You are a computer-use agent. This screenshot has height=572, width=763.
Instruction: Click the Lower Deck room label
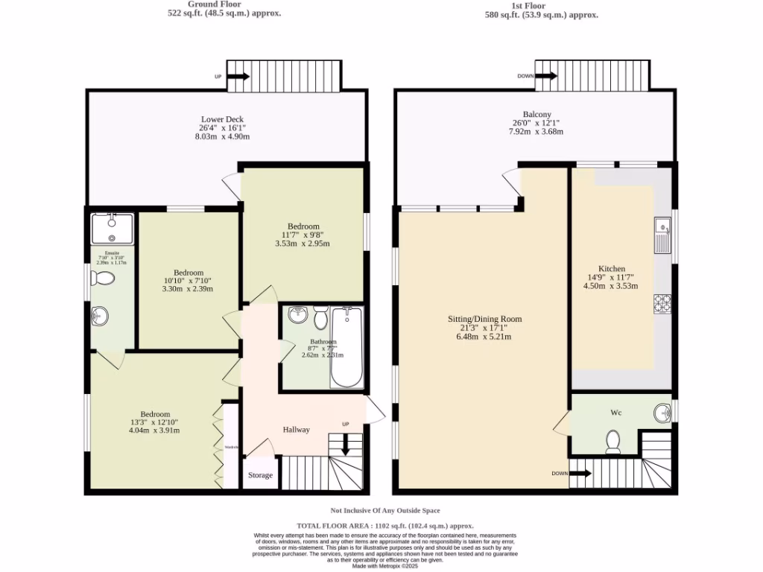coord(222,119)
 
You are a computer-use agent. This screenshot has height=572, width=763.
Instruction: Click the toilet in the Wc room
coord(614,442)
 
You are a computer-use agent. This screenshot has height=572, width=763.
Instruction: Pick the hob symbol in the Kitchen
coord(662,304)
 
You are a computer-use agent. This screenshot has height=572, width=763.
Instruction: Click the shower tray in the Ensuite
coord(111,229)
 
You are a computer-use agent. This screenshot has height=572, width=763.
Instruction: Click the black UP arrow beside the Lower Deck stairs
coord(238,76)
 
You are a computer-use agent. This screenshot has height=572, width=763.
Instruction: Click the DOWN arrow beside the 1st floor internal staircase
coord(580,473)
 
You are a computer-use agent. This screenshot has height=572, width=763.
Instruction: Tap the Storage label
coord(260,475)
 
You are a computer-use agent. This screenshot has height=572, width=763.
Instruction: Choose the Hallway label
coord(296,430)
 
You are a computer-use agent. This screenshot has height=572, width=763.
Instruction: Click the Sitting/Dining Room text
coord(484,319)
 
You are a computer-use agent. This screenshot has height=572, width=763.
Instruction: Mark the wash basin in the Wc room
coord(661,412)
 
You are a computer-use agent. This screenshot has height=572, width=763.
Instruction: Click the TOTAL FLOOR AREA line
coord(385,525)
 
